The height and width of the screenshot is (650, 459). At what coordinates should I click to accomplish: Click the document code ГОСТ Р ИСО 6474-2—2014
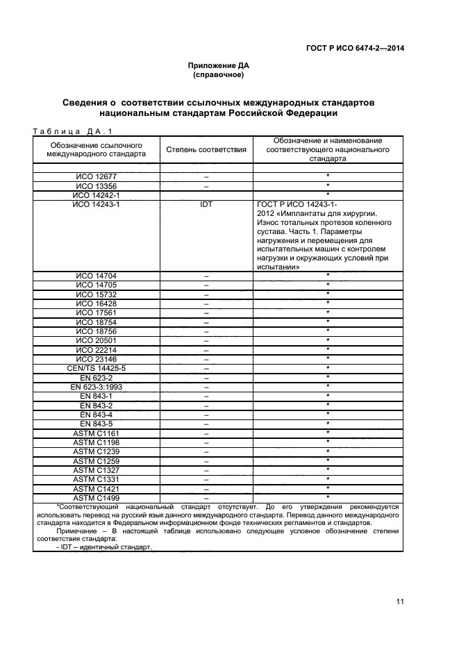tap(355, 48)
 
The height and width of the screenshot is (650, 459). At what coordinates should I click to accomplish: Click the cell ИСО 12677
tap(97, 177)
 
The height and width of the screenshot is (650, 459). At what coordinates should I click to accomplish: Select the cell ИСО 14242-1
tap(97, 195)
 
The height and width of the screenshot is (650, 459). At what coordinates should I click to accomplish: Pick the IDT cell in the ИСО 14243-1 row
tap(206, 205)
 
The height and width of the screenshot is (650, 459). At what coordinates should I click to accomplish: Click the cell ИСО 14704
tap(97, 276)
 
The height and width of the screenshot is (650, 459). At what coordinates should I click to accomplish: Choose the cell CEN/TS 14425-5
tap(97, 367)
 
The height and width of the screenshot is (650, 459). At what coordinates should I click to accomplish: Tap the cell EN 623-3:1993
tap(97, 386)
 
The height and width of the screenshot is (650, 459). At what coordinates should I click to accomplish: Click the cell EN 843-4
tap(97, 414)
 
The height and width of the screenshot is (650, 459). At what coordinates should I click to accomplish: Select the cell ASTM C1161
tap(97, 433)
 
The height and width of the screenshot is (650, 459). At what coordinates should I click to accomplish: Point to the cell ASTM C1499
tap(97, 497)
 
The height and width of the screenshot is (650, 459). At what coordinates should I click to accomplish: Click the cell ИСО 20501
tap(97, 340)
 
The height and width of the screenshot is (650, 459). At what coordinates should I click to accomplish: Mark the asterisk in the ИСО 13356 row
tap(327, 186)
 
